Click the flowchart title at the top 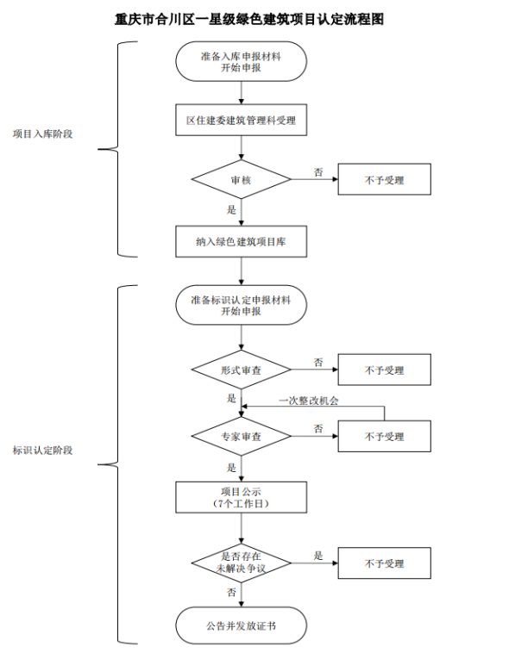click(x=249, y=19)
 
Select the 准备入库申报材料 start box click(x=241, y=61)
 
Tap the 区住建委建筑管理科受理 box click(x=241, y=121)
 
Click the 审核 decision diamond click(x=241, y=179)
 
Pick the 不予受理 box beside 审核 click(x=385, y=179)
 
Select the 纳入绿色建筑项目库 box click(x=241, y=242)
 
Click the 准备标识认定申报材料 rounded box click(x=241, y=305)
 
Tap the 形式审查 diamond click(x=241, y=370)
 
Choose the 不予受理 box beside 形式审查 click(x=385, y=370)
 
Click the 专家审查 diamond click(x=241, y=436)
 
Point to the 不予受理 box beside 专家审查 click(x=385, y=436)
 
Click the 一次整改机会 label click(x=309, y=401)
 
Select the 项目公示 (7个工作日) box click(x=241, y=497)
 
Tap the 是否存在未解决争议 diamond click(x=241, y=563)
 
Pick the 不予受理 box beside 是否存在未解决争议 click(x=385, y=563)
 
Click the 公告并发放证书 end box click(x=241, y=625)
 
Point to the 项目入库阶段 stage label click(x=42, y=134)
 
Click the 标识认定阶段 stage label click(x=42, y=451)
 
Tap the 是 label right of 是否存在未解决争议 click(x=318, y=556)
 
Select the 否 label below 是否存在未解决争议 click(x=231, y=592)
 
